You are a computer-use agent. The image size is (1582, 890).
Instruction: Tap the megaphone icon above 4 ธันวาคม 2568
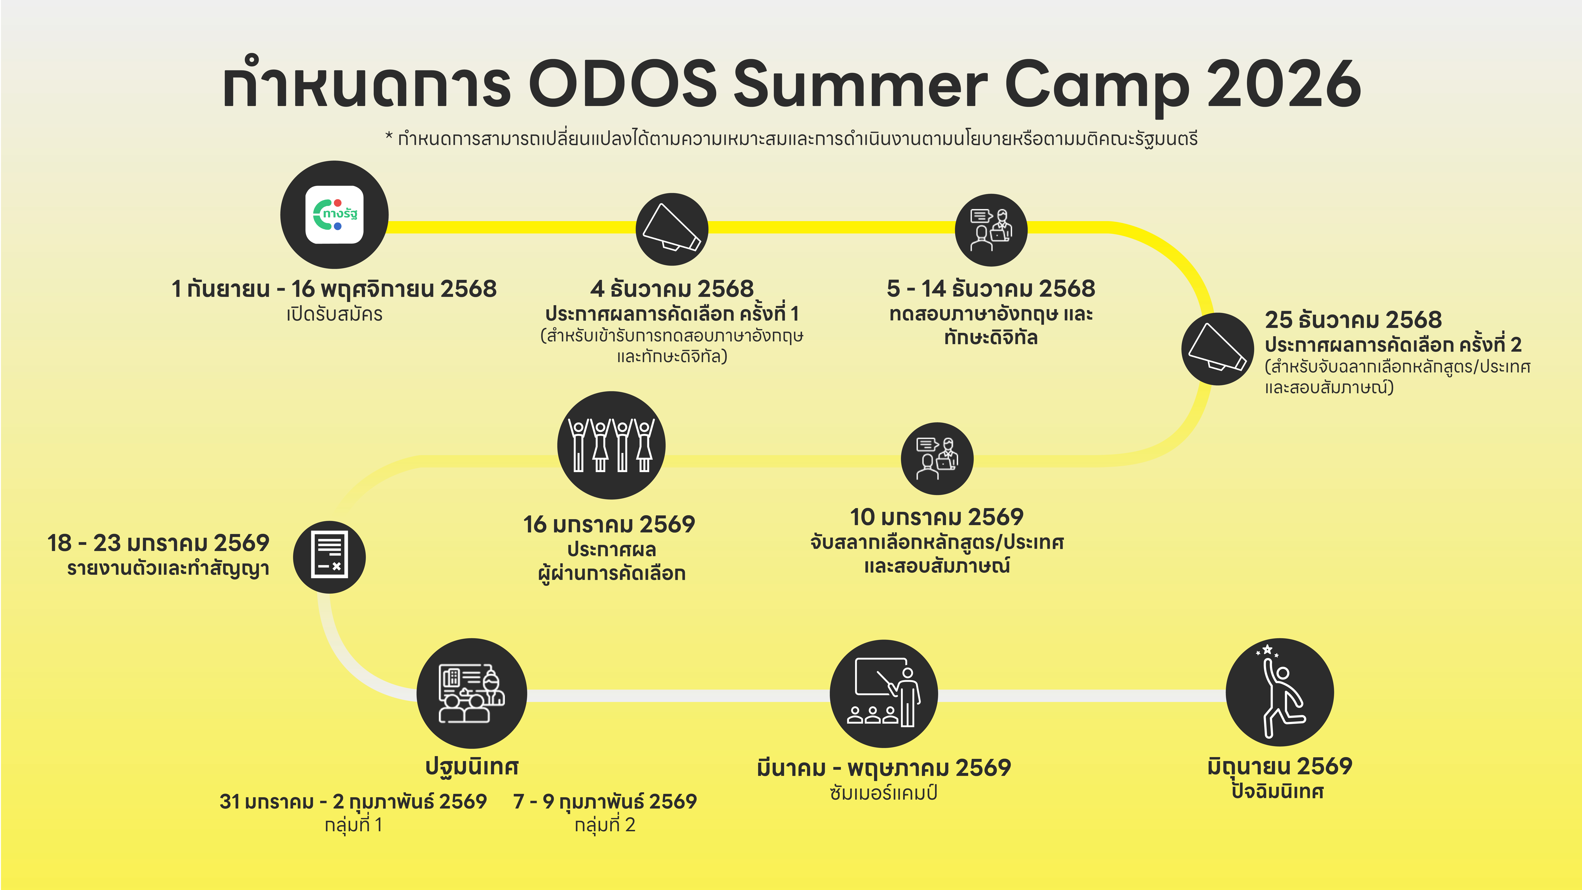(672, 228)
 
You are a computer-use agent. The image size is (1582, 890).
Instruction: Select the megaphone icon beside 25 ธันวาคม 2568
(1217, 348)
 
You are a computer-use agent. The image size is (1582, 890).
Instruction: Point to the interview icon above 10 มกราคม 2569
(937, 458)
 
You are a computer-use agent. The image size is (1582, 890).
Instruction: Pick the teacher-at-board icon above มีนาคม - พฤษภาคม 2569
(884, 693)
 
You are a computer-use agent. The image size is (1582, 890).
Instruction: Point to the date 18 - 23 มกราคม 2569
(158, 543)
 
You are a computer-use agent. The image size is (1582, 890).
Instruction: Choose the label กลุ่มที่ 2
(605, 825)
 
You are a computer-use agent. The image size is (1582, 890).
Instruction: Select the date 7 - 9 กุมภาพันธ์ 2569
(605, 802)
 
